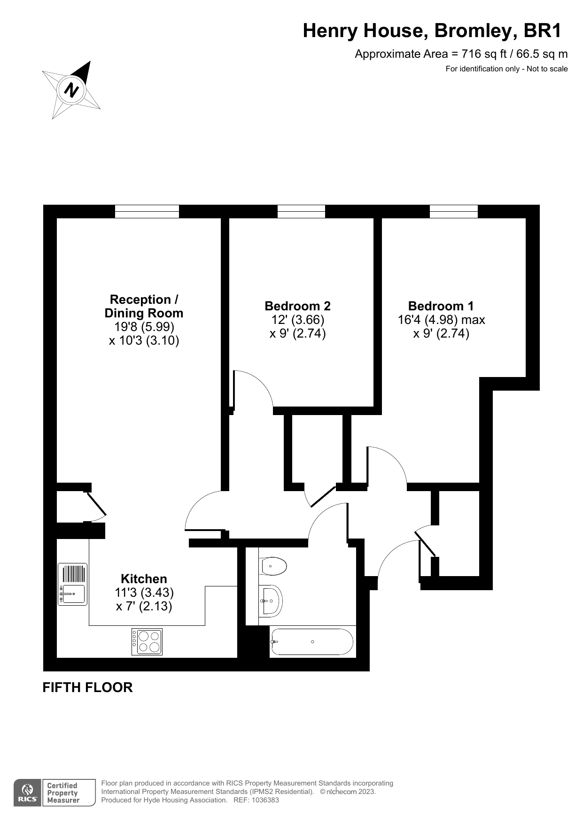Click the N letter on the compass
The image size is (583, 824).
pos(71,89)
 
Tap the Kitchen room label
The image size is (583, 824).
pos(144,579)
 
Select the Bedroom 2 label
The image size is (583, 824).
pos(297,306)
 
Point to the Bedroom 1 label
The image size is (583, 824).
pos(441,306)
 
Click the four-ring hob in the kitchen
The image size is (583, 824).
pos(147,641)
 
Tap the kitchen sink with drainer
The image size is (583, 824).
pos(73,584)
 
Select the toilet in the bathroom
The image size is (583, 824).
pos(272,566)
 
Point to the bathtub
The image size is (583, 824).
pos(312,642)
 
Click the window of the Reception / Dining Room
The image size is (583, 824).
pos(147,212)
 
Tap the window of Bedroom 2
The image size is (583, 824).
pos(301,212)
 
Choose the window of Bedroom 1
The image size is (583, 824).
pos(454,212)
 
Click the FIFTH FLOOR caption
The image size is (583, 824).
pos(88,687)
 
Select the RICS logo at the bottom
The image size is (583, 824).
pos(27,793)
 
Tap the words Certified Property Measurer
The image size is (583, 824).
pos(63,793)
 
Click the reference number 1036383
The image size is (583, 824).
pos(265,800)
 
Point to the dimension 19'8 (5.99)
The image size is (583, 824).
pos(144,327)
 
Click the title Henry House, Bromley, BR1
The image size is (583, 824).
pos(432,31)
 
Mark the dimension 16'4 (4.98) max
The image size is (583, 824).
pos(441,320)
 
